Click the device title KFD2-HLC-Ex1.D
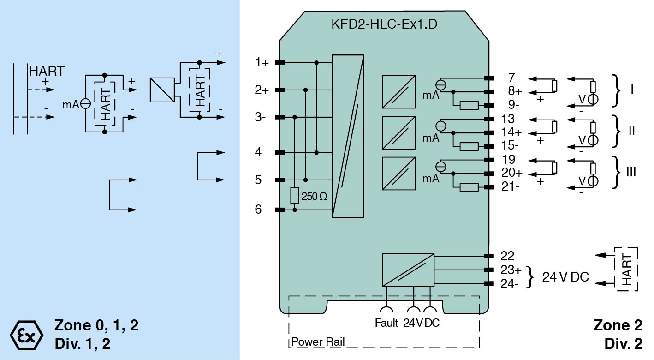coord(384,24)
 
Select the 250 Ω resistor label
coord(314,197)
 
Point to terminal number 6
coord(258,210)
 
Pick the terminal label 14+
coord(512,132)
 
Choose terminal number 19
coord(509,160)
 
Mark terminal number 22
coord(507,256)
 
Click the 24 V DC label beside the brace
coord(565,277)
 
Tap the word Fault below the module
coord(386,324)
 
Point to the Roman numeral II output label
coord(632,131)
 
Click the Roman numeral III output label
coord(631,173)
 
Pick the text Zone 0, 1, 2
coord(96,326)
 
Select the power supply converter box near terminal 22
coord(408,270)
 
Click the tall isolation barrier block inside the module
coord(348,136)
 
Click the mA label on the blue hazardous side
coord(71,104)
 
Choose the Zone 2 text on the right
coord(618,326)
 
